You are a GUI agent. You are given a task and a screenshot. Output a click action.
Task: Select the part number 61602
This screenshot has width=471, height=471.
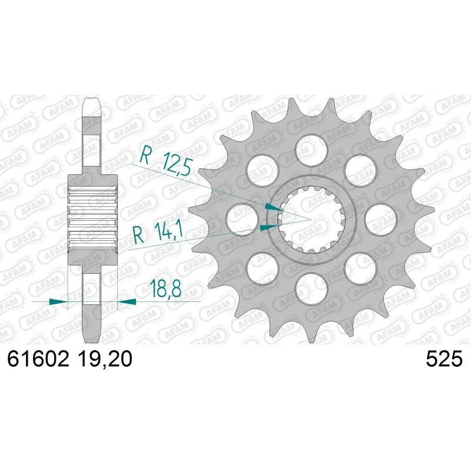(38, 359)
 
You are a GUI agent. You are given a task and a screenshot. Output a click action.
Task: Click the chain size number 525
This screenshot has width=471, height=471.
(444, 359)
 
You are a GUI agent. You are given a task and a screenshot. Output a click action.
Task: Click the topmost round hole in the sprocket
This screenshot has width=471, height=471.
(311, 150)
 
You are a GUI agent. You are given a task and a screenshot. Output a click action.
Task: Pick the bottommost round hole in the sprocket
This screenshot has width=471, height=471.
(311, 289)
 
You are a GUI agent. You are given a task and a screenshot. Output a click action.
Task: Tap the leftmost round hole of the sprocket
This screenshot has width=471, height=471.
(242, 219)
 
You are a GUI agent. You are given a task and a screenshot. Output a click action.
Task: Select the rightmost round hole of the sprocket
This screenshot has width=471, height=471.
(381, 219)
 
